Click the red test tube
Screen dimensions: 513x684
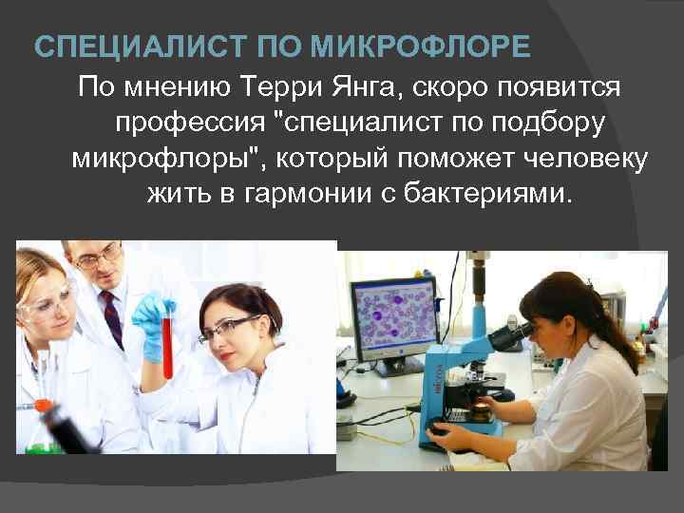tap(168, 342)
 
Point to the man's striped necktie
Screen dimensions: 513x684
tap(111, 318)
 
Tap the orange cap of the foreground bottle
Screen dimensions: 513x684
tap(43, 405)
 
